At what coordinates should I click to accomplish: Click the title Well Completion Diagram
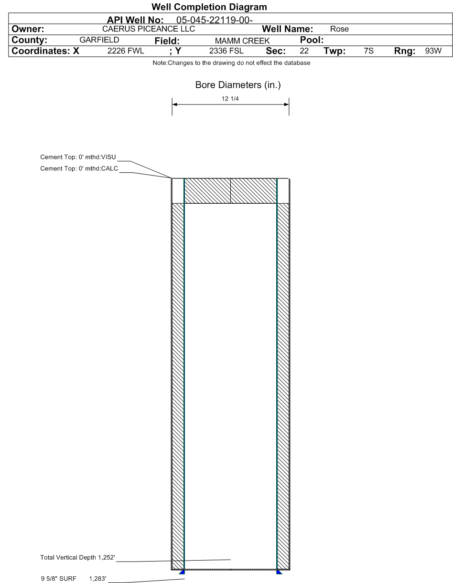click(209, 7)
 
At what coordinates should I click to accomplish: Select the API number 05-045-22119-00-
click(215, 20)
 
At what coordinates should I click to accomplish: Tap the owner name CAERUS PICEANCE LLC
click(149, 29)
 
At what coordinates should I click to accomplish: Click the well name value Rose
click(339, 29)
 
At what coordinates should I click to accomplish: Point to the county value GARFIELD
click(99, 40)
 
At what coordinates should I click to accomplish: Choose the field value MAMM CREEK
click(242, 41)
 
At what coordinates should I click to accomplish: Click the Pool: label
click(312, 40)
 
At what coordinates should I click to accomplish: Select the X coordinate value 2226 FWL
click(126, 51)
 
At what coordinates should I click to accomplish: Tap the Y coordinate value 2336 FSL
click(226, 51)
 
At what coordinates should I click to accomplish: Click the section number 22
click(304, 51)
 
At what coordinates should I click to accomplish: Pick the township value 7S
click(368, 51)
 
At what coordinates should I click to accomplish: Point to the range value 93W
click(433, 51)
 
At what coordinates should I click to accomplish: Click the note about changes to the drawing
click(231, 63)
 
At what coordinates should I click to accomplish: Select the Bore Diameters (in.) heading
click(238, 85)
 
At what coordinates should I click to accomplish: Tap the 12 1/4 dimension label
click(230, 99)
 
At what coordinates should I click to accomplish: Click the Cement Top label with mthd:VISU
click(78, 157)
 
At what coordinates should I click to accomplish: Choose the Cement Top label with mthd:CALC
click(79, 168)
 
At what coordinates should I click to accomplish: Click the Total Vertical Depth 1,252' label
click(77, 557)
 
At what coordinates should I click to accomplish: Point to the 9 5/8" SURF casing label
click(59, 578)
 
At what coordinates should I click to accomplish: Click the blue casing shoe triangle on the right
click(279, 573)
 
